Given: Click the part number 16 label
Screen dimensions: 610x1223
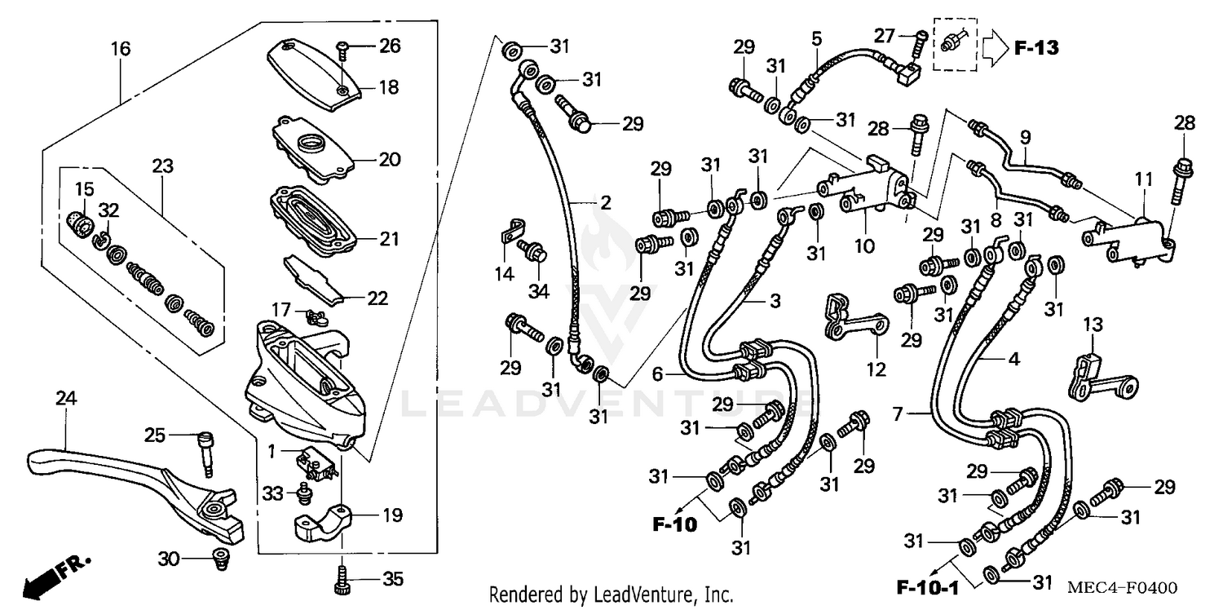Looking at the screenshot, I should [x=121, y=49].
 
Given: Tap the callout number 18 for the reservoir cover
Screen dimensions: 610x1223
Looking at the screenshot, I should [x=388, y=86].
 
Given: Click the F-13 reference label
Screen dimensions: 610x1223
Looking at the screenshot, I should [x=1035, y=47].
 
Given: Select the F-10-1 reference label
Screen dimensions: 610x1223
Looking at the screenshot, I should [x=927, y=586].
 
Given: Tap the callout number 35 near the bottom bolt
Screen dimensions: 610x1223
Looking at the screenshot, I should [x=392, y=580].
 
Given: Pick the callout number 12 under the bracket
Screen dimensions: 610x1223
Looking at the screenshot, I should [x=875, y=370].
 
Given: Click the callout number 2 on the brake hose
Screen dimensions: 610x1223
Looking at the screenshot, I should [x=604, y=202].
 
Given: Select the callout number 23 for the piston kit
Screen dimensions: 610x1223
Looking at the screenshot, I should [x=162, y=166].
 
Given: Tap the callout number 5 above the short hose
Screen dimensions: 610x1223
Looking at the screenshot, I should [x=815, y=38].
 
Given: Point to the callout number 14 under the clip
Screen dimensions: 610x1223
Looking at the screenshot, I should [x=505, y=274].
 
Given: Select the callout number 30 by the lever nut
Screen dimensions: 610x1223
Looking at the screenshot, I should [x=168, y=559].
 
